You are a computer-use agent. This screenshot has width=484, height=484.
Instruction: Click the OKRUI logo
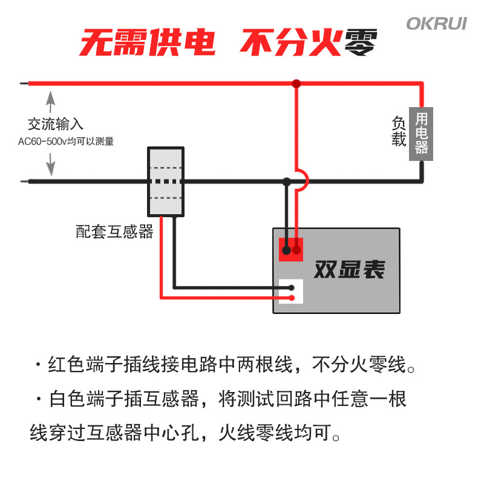(436, 24)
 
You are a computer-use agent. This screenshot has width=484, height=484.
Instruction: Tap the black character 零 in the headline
(361, 42)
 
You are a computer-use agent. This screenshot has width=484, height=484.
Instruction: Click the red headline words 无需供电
(147, 42)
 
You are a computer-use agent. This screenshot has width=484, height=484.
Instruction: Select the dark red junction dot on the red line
(296, 83)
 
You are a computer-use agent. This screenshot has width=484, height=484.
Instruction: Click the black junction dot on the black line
(287, 181)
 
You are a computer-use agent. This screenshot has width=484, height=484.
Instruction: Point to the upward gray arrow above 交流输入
(51, 102)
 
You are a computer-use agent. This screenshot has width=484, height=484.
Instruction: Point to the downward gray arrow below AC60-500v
(51, 165)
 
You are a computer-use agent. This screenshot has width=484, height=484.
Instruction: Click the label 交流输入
(56, 124)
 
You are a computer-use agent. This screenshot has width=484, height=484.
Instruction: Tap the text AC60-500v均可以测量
(66, 142)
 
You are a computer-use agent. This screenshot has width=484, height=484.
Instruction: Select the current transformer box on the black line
(166, 181)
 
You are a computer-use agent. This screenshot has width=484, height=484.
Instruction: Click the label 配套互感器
(114, 232)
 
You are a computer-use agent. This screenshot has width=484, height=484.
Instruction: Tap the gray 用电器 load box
(421, 134)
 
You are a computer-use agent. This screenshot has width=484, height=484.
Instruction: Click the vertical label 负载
(399, 131)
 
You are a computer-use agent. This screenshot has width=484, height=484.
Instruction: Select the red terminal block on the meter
(291, 249)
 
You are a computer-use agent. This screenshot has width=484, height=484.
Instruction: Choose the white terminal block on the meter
(291, 292)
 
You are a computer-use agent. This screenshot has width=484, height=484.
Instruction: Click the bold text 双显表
(350, 269)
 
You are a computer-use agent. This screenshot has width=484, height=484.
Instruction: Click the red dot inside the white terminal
(292, 298)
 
